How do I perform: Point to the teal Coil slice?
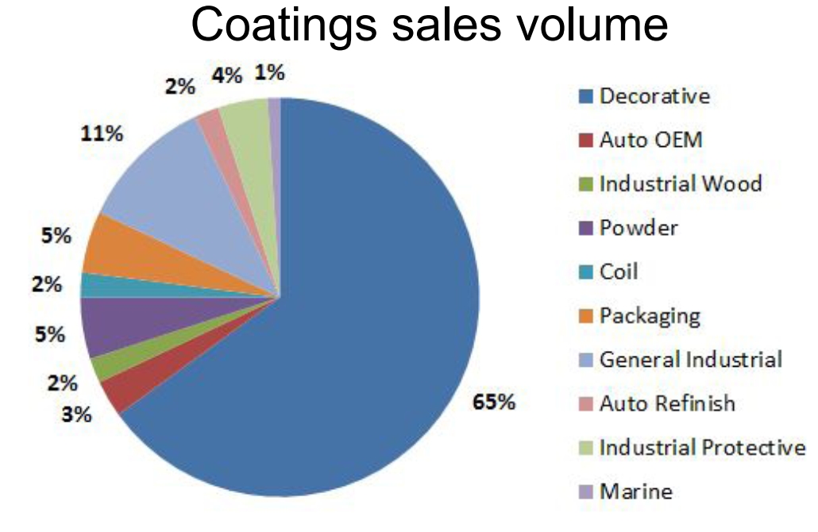94,284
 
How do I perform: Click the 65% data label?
494,403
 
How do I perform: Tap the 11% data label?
102,134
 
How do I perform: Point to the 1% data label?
270,73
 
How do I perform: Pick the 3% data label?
78,414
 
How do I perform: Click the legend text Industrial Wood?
681,184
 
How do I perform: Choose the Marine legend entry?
636,492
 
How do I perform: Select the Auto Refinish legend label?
667,403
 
